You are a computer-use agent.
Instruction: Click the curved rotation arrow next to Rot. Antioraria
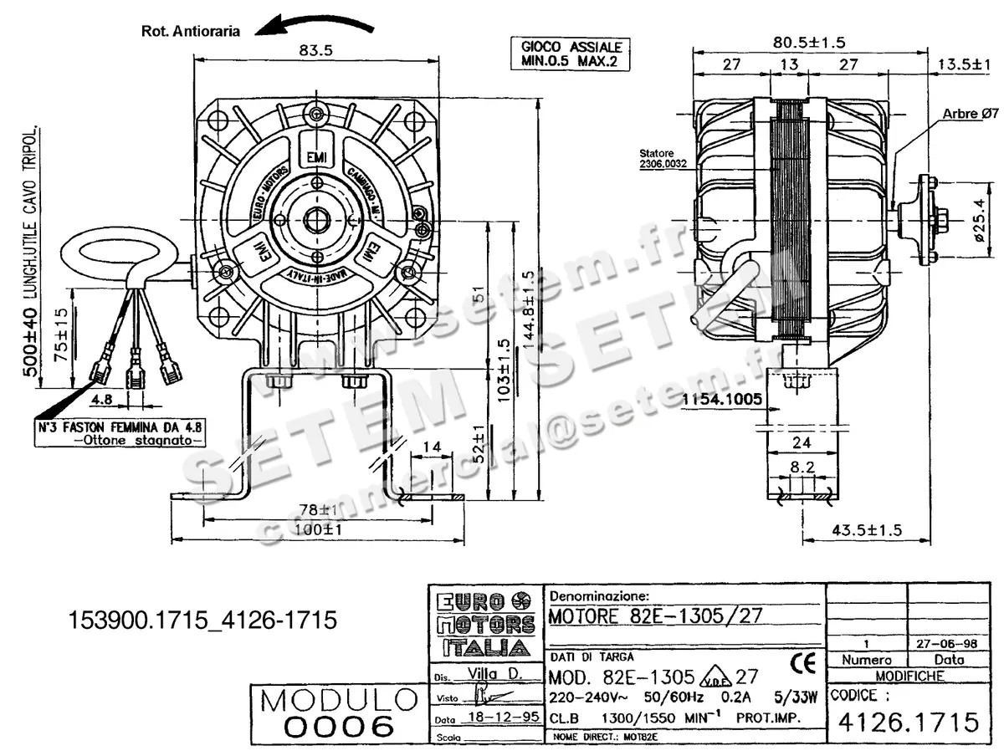[314, 24]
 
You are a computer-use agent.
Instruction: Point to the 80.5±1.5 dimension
[809, 41]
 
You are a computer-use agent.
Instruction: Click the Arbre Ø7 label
[970, 113]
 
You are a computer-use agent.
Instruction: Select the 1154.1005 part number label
[722, 400]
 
